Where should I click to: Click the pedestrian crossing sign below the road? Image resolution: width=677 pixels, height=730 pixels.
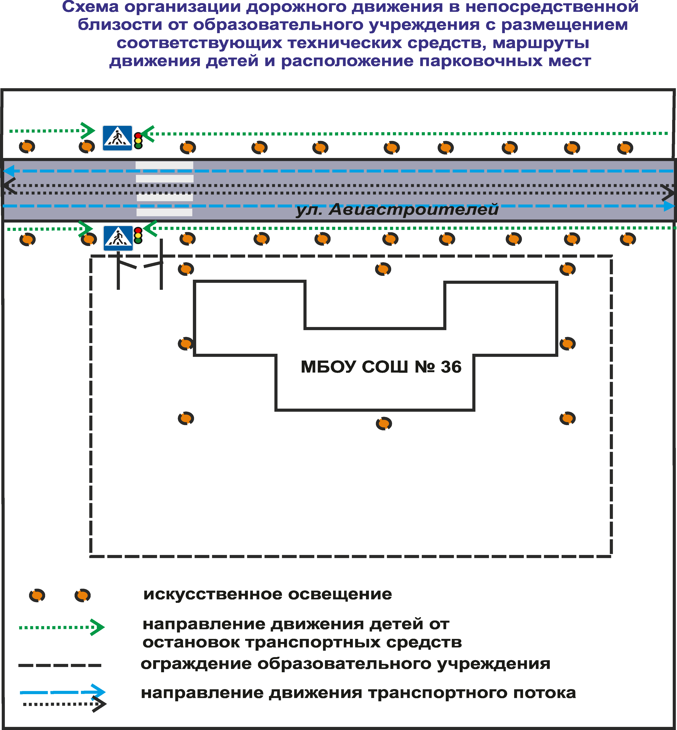pyautogui.click(x=118, y=238)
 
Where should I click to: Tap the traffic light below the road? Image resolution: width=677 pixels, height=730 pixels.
pyautogui.click(x=138, y=235)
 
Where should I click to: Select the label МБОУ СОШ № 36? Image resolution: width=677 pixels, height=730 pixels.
pyautogui.click(x=381, y=367)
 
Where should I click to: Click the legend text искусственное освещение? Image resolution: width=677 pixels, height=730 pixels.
pyautogui.click(x=267, y=594)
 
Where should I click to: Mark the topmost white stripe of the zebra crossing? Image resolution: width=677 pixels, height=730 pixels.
pyautogui.click(x=164, y=165)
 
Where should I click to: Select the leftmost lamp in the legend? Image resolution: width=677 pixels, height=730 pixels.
pyautogui.click(x=37, y=595)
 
